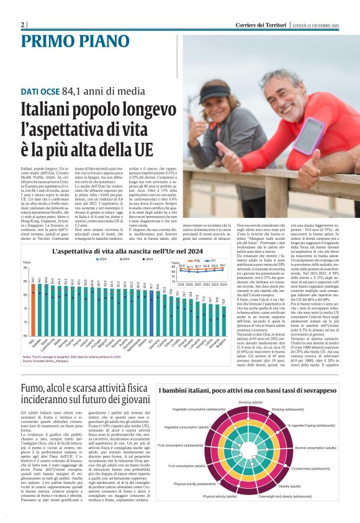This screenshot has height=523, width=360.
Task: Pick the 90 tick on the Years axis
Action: (x=25, y=268)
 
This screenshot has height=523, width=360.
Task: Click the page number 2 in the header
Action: (x=23, y=24)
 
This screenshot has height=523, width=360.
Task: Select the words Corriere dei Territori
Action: (x=261, y=24)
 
